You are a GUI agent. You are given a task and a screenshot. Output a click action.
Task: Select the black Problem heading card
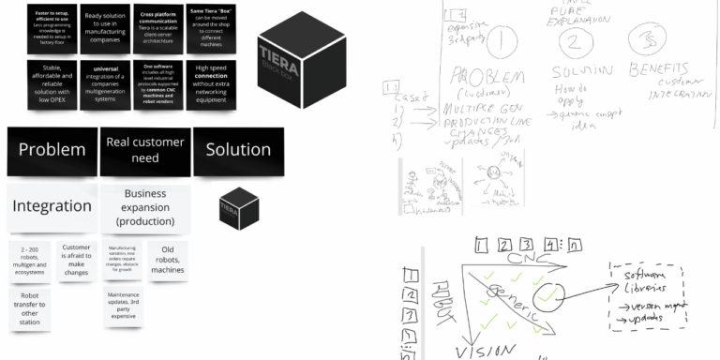[52, 150]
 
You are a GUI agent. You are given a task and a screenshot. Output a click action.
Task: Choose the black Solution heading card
[238, 150]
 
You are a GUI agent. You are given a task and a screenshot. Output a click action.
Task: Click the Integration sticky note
[52, 207]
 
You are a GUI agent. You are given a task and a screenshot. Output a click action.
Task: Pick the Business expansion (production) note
[144, 207]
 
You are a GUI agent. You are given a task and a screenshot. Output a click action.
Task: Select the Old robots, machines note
[167, 259]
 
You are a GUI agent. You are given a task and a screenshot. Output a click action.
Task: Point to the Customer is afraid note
[77, 259]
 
